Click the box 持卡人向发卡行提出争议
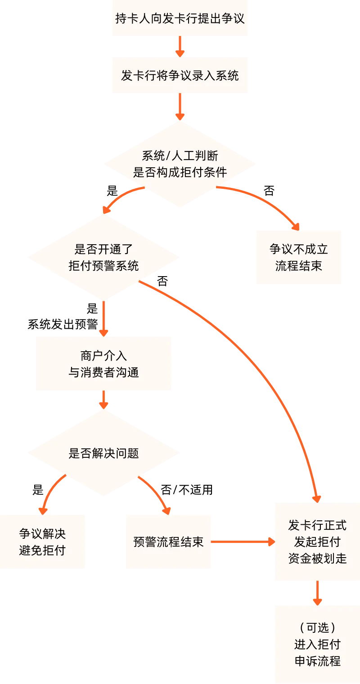tap(180, 18)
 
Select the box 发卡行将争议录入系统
tap(180, 75)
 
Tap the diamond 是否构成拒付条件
tap(180, 164)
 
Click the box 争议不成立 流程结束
tap(298, 258)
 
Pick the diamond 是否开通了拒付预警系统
tap(103, 257)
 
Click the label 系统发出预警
tap(63, 324)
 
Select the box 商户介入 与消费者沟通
tap(104, 363)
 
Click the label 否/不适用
tap(187, 489)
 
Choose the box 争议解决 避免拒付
tap(42, 542)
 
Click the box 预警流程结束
tap(168, 542)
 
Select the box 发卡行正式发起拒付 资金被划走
tap(317, 542)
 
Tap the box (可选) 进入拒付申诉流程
tap(317, 644)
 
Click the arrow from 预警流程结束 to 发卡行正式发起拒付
tap(243, 542)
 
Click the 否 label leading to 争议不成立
tap(269, 191)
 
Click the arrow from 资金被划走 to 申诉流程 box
tap(317, 594)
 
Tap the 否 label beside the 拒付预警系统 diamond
tap(162, 282)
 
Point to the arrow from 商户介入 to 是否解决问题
tap(104, 400)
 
